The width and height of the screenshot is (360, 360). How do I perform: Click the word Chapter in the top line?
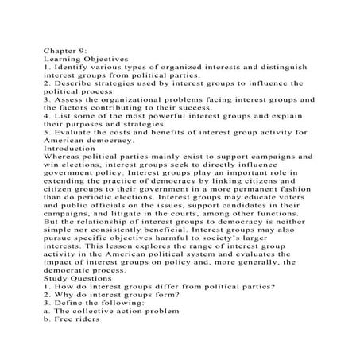pos(60,49)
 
